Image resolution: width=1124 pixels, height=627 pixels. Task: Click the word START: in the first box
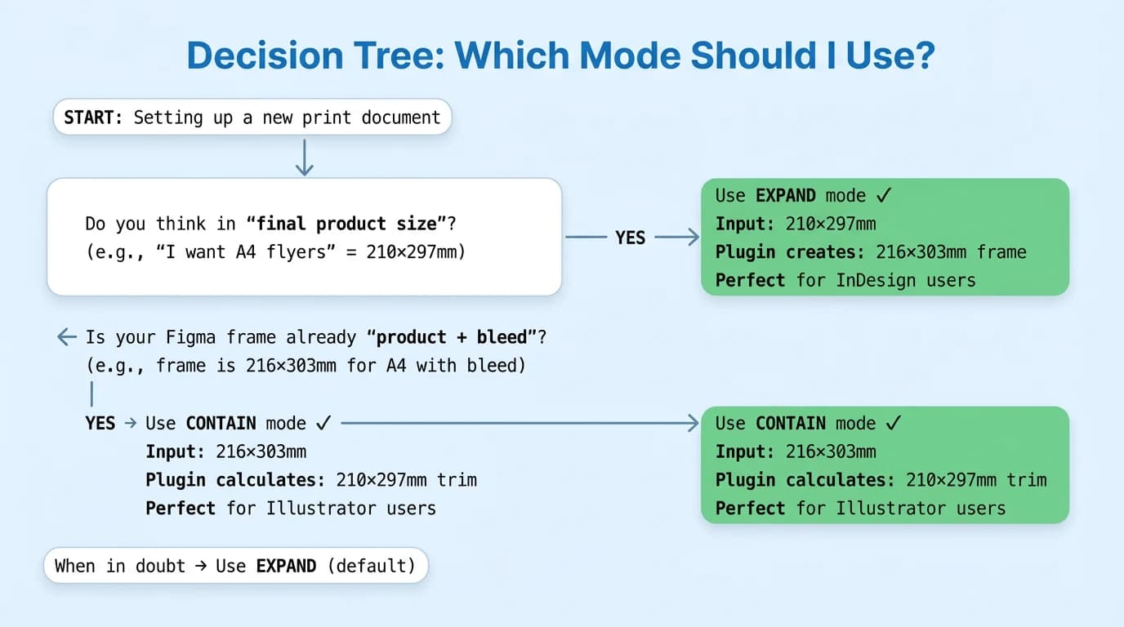pos(93,117)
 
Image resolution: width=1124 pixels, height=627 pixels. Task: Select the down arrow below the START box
pos(304,157)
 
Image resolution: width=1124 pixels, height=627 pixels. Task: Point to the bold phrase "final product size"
pos(339,224)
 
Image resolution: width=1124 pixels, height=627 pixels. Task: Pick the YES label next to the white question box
pos(630,238)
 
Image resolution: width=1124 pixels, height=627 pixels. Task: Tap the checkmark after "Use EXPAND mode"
pos(883,195)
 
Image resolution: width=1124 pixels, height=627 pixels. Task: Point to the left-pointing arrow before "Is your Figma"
pos(66,337)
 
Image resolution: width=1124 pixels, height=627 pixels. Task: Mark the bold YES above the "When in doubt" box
pos(100,423)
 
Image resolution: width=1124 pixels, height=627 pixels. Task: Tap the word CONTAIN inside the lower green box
pos(791,423)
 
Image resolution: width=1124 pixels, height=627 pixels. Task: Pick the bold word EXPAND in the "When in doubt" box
pos(286,566)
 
